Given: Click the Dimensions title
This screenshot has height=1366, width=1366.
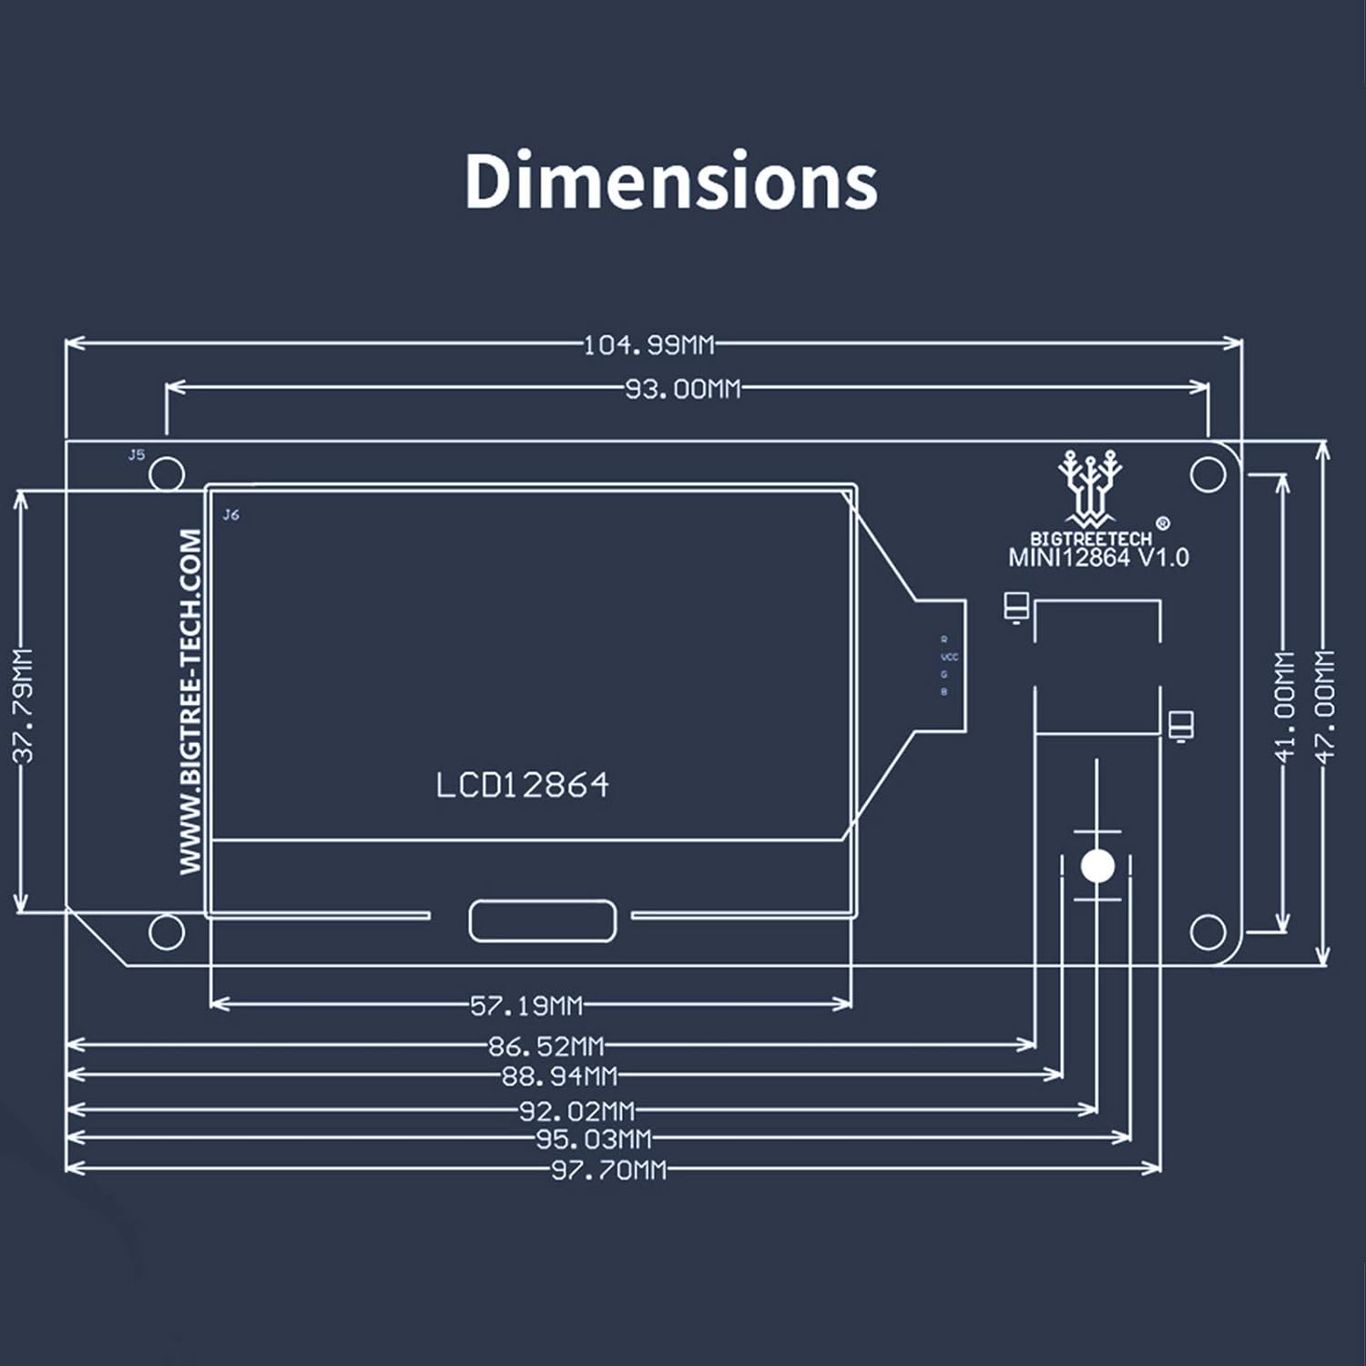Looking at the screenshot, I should pos(671,180).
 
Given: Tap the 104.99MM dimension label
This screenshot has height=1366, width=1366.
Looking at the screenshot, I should pos(648,345).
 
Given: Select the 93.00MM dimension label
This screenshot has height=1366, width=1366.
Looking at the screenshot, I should pos(683,389).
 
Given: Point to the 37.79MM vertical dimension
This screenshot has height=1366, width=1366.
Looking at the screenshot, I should pos(24,705).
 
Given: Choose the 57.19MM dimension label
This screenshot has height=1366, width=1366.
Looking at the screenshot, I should pos(526,1005).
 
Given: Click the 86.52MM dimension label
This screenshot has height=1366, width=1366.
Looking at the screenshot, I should pos(546,1045).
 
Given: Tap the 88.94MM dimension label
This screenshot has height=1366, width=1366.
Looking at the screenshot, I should pos(559,1076).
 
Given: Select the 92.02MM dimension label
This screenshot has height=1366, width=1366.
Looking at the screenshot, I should pos(576,1111).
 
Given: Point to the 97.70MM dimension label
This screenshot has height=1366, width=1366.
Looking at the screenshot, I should pos(608,1170).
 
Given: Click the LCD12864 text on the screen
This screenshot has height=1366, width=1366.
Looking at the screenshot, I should pos(522,785).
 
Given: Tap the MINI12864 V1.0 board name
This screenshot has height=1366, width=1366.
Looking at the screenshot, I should pos(1098,557).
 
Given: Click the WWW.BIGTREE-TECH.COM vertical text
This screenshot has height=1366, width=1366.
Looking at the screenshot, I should pos(190,701).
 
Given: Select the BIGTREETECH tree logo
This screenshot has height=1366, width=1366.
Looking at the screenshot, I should pos(1089,487).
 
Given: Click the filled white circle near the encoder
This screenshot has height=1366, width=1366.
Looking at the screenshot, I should pos(1097,865).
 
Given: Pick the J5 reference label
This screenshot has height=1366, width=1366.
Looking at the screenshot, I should pos(136,454).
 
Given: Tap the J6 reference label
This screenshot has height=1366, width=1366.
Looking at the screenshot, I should pos(231,515).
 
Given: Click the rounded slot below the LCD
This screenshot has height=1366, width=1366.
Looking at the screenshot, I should pos(542,921).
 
